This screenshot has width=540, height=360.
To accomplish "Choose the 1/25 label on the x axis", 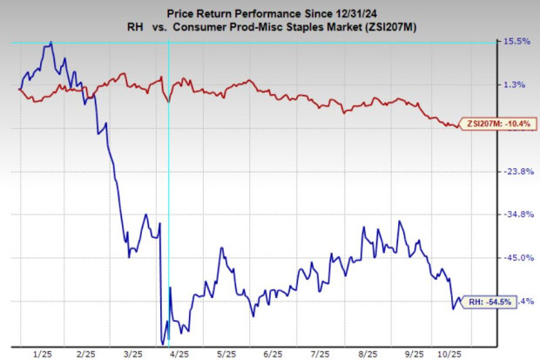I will tap(41, 354).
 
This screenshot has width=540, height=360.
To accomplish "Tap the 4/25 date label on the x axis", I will tap(180, 354).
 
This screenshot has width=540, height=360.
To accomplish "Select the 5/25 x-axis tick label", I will tap(226, 354).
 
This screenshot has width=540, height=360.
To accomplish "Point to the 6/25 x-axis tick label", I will tap(273, 354).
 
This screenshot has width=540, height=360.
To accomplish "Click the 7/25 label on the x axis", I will tap(320, 354).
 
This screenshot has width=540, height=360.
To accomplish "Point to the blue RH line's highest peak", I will tap(51, 42).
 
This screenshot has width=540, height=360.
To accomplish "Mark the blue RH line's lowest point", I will tap(163, 343).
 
